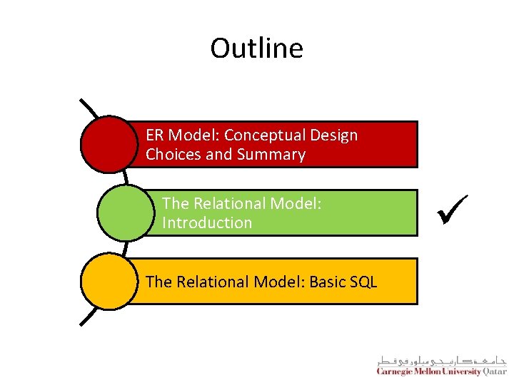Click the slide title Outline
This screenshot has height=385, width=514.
[256, 48]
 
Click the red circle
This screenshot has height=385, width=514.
[108, 144]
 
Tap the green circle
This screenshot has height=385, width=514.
[125, 212]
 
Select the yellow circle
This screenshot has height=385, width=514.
[108, 281]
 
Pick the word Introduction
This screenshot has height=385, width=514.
[207, 223]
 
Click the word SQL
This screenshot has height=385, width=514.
[363, 282]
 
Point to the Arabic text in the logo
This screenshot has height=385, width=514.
[443, 359]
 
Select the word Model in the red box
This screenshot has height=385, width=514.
[187, 135]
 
